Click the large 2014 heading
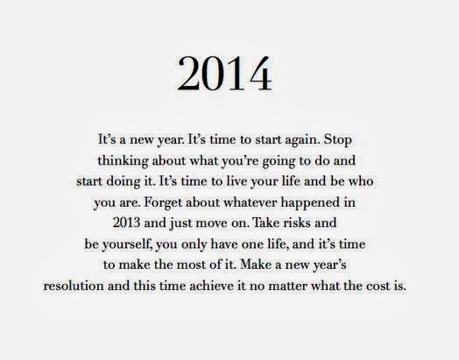224,74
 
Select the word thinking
123,161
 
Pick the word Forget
162,203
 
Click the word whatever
250,202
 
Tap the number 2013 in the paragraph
126,223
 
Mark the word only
194,244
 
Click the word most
192,265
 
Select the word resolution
74,286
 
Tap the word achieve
211,286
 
